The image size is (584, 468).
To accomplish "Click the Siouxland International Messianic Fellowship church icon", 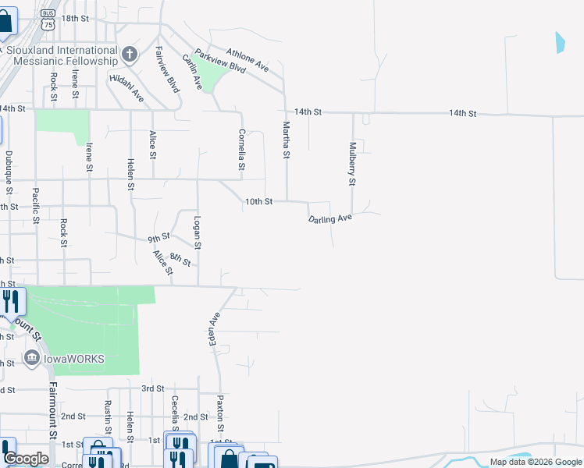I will point(130,55).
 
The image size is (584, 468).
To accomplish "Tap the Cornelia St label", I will point(242,150).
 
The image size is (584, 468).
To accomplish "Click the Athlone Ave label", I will point(247,60).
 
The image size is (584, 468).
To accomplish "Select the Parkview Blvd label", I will point(220,62).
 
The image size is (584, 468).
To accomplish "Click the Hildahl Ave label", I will point(127,89).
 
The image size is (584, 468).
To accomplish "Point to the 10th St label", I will point(258,201).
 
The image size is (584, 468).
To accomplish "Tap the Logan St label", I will point(198,233).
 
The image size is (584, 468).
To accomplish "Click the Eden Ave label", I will point(214,330).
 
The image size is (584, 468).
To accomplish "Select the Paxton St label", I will point(221,413).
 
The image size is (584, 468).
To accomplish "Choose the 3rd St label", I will point(152,388).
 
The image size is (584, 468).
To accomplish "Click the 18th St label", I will point(75,18).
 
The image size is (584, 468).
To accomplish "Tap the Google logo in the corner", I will point(25,459).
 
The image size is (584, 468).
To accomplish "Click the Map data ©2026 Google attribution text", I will point(535,462).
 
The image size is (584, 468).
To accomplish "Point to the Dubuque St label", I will point(9,172).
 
